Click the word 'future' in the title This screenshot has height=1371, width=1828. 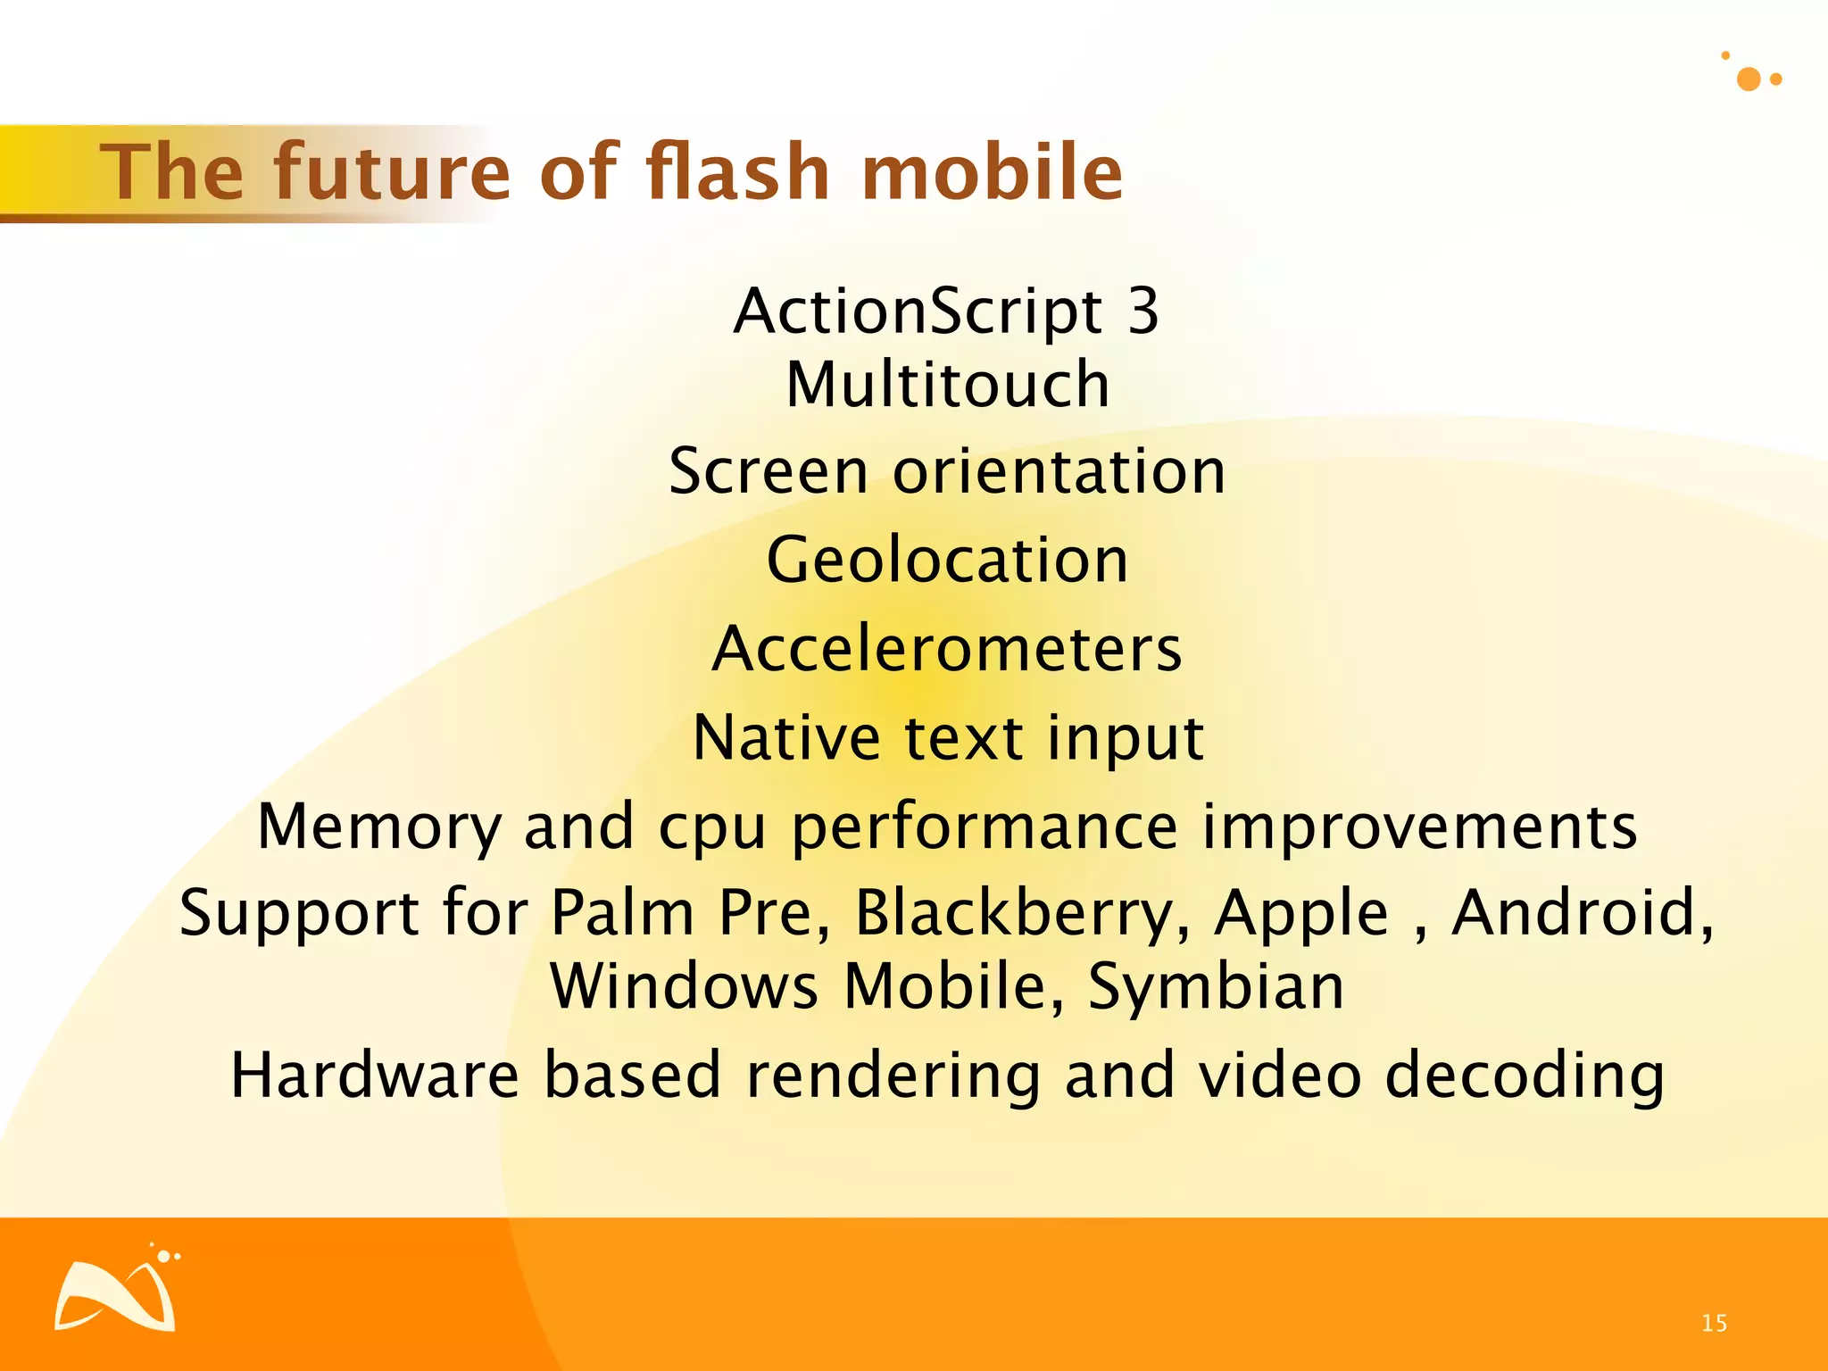[x=391, y=171]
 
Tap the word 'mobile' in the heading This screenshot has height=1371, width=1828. [x=992, y=171]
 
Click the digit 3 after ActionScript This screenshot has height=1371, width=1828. [x=1142, y=312]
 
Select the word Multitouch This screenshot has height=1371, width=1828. [x=948, y=385]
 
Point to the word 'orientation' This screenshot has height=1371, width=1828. [x=1059, y=471]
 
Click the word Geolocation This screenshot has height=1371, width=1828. [x=948, y=561]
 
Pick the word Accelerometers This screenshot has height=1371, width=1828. [x=948, y=649]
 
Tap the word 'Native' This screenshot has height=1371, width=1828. [x=786, y=738]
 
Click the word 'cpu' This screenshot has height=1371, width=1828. [x=711, y=827]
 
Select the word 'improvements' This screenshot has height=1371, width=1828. [x=1419, y=827]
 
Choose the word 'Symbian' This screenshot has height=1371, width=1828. [x=1215, y=986]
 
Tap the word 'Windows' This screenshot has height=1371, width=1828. [x=684, y=986]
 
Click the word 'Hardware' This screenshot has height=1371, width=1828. [x=375, y=1075]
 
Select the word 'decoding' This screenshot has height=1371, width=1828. [x=1525, y=1076]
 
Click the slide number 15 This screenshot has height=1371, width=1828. [x=1714, y=1323]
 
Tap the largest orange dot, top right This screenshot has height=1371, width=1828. [x=1749, y=79]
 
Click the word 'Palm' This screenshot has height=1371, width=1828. [x=622, y=914]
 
